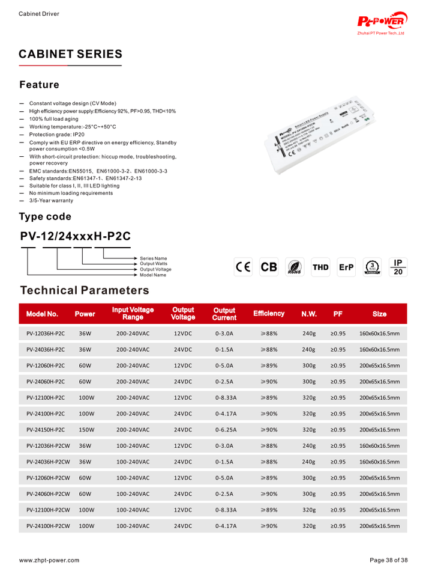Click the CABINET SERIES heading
pos(71,54)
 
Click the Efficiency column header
pos(269,314)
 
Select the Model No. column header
pos(42,314)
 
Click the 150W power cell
pos(88,430)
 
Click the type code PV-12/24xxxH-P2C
pos(76,236)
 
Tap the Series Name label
pos(154,258)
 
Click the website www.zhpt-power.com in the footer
pos(49,560)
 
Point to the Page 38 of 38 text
pos(388,560)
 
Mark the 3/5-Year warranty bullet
pos(51,201)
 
